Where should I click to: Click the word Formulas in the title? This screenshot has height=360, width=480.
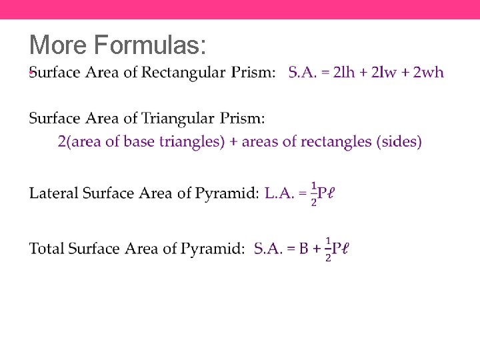(150, 45)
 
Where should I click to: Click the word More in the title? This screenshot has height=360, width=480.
(59, 45)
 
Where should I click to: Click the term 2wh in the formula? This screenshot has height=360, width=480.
(428, 72)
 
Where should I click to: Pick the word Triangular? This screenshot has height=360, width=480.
(177, 119)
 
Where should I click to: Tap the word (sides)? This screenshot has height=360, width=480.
(399, 142)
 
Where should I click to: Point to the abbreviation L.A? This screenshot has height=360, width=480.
(279, 194)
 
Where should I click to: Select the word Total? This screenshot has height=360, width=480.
(47, 249)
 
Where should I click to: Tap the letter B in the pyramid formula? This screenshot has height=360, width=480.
(304, 249)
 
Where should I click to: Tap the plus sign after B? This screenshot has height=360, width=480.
(317, 249)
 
